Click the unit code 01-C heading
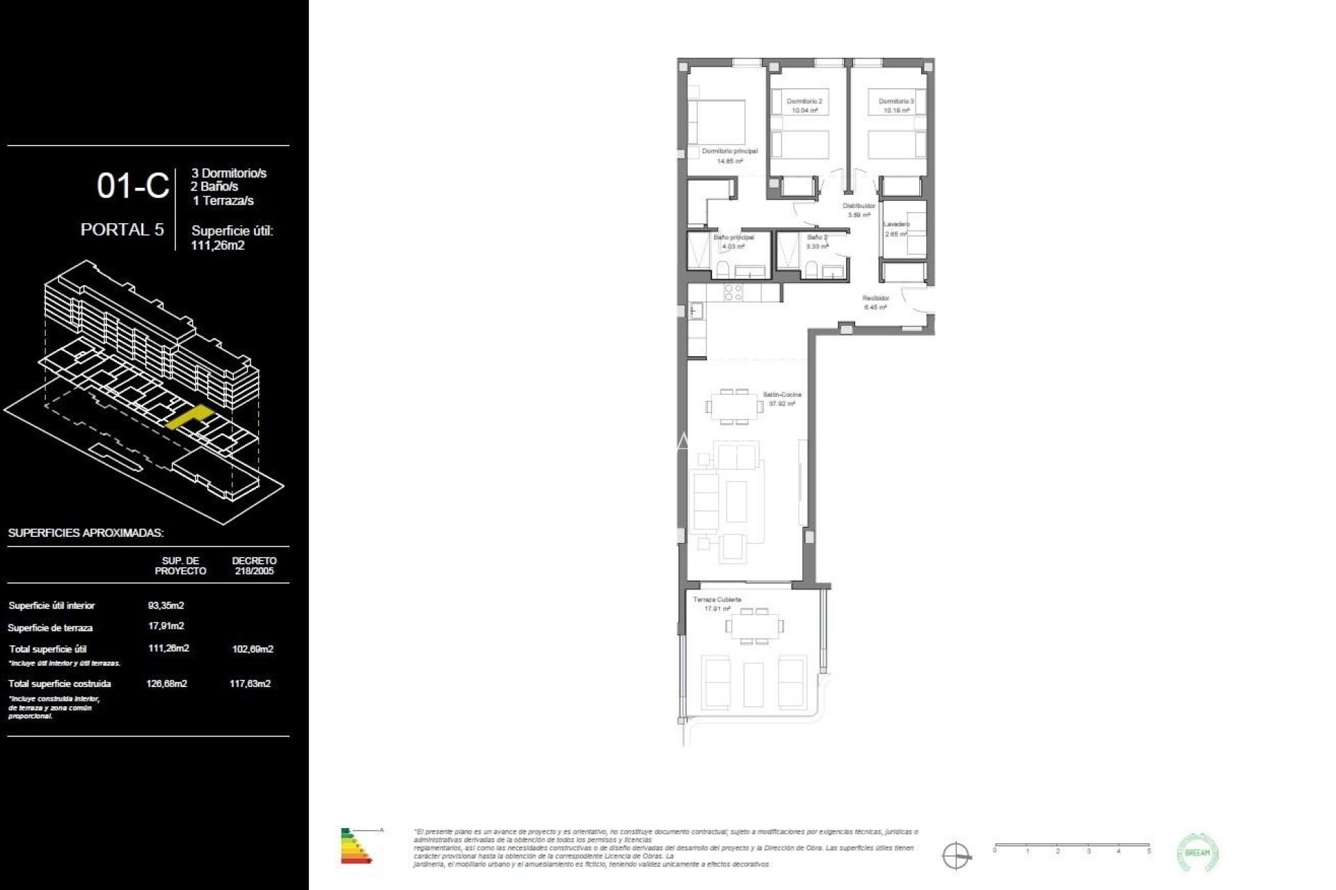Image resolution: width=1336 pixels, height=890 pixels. click(x=133, y=186)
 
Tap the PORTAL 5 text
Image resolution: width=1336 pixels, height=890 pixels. click(x=122, y=229)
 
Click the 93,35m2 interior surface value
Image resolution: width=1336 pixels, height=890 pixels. click(x=166, y=606)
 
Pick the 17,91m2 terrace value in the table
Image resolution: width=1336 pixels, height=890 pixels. click(x=166, y=626)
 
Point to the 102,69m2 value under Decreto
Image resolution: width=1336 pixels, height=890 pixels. click(x=252, y=649)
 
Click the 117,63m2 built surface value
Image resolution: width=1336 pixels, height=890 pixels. click(x=250, y=684)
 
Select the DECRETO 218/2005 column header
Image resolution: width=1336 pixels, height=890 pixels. click(x=254, y=566)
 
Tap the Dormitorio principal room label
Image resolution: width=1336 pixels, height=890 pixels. click(x=729, y=152)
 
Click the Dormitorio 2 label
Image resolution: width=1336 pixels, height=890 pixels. click(x=804, y=102)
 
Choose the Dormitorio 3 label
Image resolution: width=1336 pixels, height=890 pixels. click(x=896, y=102)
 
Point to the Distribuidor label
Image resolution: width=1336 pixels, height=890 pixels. click(x=859, y=207)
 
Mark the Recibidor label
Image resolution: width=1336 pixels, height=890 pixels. click(x=875, y=298)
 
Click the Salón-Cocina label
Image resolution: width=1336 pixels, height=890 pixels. click(x=782, y=395)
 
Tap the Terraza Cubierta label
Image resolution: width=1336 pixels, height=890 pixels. click(x=717, y=599)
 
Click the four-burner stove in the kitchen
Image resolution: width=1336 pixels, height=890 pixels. click(x=733, y=293)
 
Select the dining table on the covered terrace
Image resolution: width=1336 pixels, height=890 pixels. click(x=754, y=626)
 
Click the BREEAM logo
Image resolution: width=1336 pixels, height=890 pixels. click(x=1198, y=852)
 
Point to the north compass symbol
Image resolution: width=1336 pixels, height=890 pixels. click(x=956, y=855)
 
